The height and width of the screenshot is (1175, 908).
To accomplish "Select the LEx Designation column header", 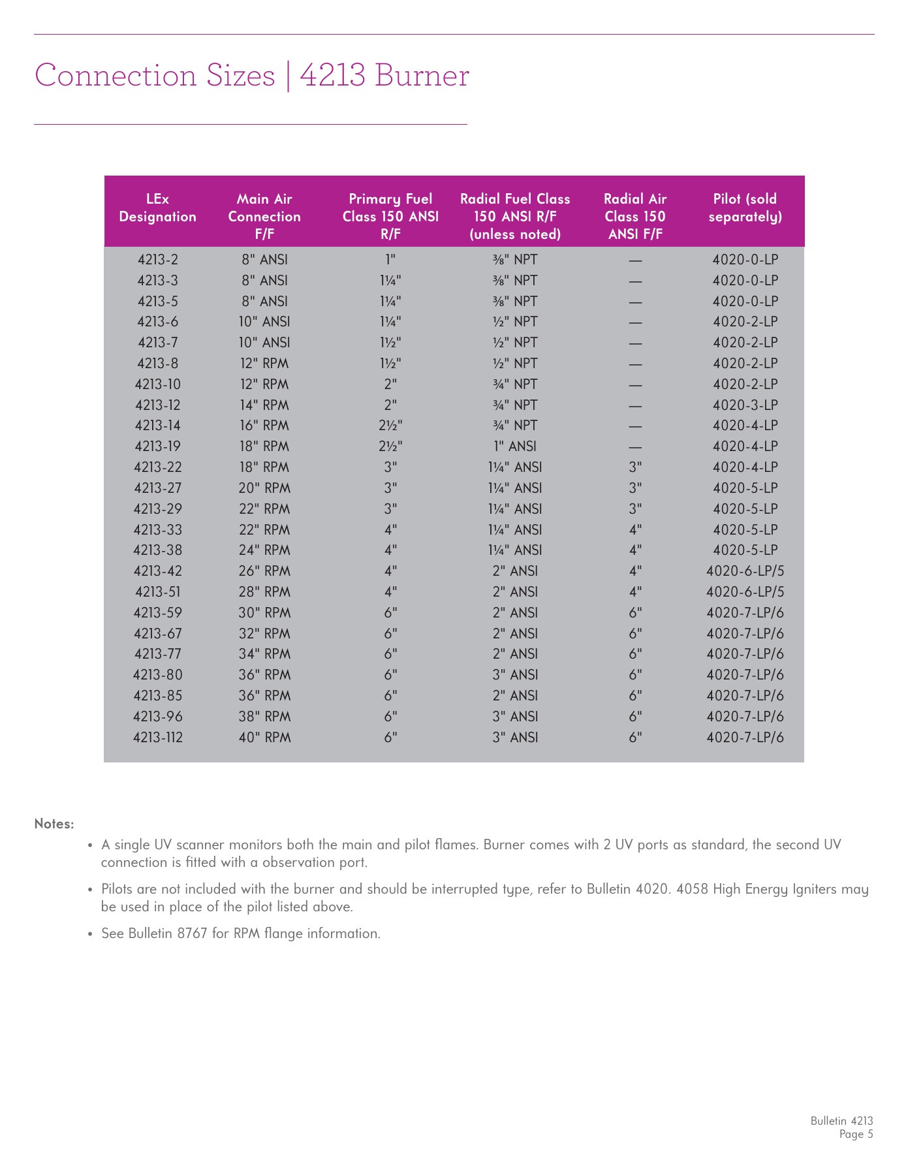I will click(157, 208).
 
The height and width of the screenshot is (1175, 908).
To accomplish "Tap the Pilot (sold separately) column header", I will click(745, 208).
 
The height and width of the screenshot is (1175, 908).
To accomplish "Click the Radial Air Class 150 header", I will click(634, 216).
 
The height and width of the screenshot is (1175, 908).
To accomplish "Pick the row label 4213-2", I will click(158, 260).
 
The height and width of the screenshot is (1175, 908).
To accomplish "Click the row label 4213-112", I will click(158, 738).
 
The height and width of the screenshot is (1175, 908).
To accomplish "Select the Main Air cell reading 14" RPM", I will click(264, 405).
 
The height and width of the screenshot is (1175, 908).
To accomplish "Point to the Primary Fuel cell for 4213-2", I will click(390, 260).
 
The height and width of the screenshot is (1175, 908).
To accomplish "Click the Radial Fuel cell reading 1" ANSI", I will click(515, 446).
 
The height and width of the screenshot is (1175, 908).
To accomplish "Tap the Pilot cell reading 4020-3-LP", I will click(745, 405).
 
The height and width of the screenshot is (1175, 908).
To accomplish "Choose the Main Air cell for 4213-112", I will click(264, 738).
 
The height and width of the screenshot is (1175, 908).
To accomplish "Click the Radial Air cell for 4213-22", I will click(635, 467).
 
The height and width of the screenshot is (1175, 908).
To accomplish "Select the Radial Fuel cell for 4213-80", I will click(515, 675).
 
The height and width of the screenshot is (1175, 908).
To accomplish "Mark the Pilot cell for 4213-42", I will click(745, 571).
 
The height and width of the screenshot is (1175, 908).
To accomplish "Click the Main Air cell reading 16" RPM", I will click(264, 426).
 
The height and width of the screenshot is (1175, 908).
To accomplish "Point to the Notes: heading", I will click(54, 824).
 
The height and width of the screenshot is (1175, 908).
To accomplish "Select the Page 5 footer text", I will click(856, 1135).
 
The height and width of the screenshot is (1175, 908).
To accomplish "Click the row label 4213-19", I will click(158, 446).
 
